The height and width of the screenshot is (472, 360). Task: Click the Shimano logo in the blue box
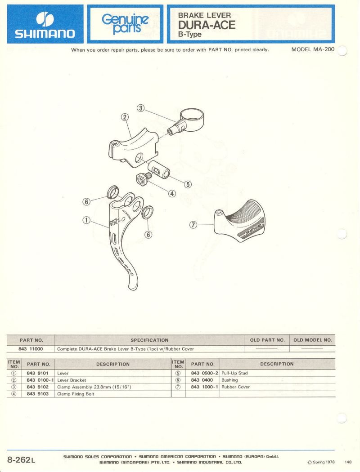tap(45, 25)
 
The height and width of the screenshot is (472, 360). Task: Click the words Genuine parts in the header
tap(125, 24)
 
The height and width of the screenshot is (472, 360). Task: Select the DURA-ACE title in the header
tap(207, 25)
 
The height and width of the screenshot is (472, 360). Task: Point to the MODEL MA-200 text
tap(313, 49)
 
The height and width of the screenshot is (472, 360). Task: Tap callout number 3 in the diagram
tap(141, 108)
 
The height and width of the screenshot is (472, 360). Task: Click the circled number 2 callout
tap(125, 117)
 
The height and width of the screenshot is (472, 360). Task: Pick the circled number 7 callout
tap(193, 225)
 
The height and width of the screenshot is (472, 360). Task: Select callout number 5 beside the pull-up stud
tap(188, 184)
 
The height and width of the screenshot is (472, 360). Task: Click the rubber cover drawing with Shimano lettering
tap(240, 221)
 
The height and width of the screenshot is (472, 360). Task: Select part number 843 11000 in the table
tap(31, 349)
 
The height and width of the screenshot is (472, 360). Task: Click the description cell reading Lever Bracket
tap(72, 380)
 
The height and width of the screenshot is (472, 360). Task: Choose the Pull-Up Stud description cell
tap(234, 373)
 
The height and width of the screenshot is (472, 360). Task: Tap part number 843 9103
tap(38, 394)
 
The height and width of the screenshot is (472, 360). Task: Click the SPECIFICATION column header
tap(149, 340)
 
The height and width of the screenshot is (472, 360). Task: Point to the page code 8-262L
tap(21, 460)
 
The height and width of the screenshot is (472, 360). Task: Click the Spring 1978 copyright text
tap(321, 462)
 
